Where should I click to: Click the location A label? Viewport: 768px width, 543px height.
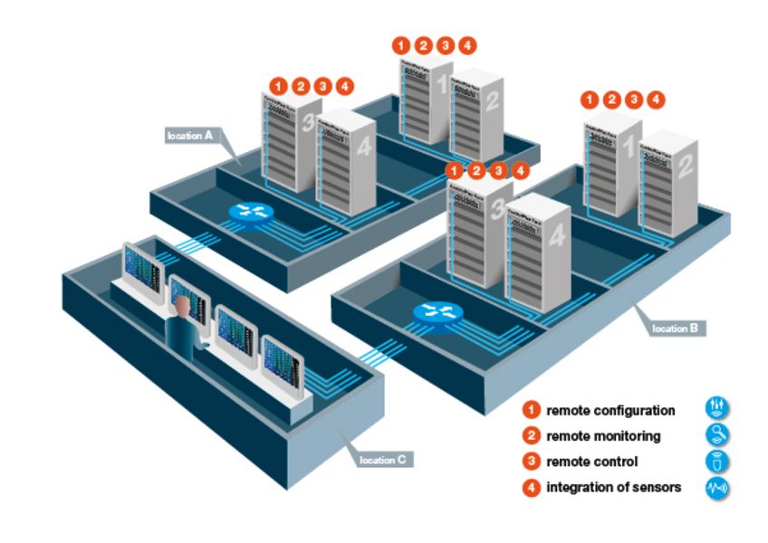tap(189, 136)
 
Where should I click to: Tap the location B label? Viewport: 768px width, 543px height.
tap(676, 328)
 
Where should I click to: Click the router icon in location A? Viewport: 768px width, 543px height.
tap(250, 212)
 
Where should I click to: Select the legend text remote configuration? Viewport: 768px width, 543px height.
tap(610, 411)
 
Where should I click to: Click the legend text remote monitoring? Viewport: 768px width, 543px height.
tap(603, 436)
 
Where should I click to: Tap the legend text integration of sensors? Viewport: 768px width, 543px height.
tap(613, 488)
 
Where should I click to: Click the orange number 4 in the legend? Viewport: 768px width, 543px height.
tap(533, 488)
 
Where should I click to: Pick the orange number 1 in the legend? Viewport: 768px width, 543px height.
tap(533, 411)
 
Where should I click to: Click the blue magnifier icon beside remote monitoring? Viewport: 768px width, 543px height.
tap(716, 435)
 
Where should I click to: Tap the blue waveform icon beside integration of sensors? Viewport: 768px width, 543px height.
tap(716, 488)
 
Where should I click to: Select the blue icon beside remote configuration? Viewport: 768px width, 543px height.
tap(716, 409)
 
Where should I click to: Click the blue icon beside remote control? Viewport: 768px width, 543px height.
tap(716, 462)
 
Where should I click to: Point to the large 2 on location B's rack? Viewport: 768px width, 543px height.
tap(685, 166)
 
